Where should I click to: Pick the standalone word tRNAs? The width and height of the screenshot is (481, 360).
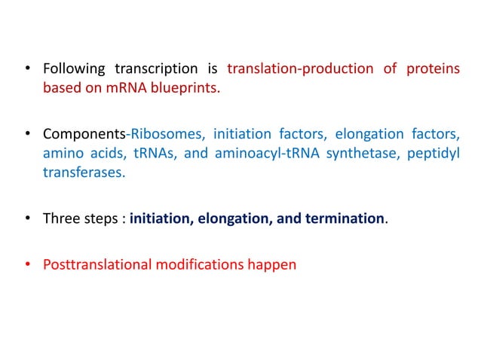click(157, 154)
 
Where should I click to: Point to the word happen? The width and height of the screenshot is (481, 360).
click(275, 264)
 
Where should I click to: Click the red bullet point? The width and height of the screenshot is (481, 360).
click(29, 264)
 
